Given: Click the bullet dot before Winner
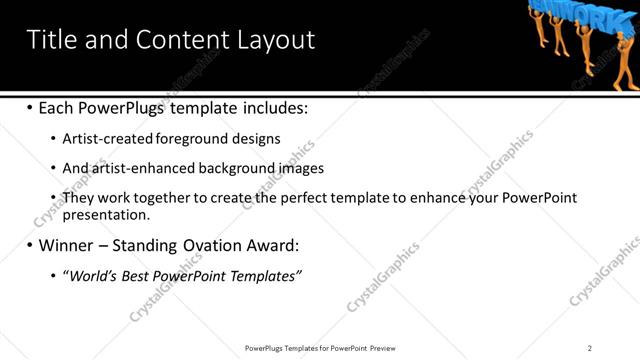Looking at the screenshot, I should coord(29,245).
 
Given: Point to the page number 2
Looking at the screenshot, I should coord(590,348).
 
